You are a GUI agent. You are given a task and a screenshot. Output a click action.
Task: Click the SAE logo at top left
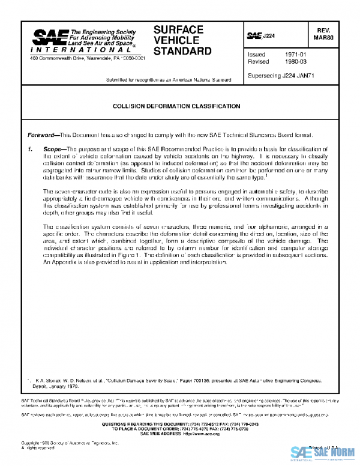coord(49,38)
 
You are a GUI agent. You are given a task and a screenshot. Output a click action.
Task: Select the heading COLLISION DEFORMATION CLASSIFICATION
coord(177,106)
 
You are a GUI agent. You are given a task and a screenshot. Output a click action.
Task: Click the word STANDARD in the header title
coord(182,50)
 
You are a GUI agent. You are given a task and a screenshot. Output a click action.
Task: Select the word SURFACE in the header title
coord(178,29)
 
